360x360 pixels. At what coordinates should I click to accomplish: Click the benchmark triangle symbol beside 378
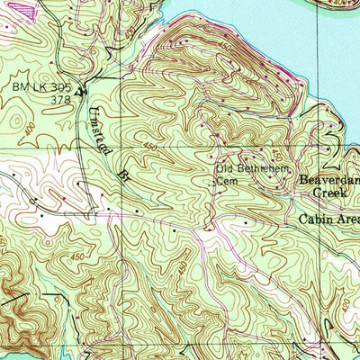coord(80,90)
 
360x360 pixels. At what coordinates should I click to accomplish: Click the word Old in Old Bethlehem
coord(224,169)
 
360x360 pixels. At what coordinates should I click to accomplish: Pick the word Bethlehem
coord(261,169)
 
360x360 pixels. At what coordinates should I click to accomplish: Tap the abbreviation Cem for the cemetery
coord(229,181)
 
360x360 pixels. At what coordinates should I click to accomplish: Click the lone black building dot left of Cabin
coord(246,219)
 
